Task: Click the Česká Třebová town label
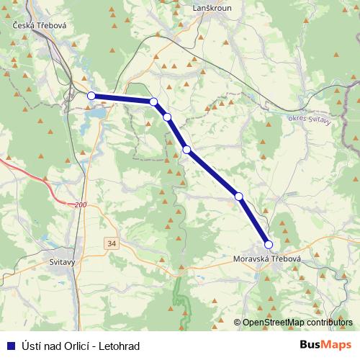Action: coord(40,25)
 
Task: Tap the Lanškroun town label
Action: coord(210,8)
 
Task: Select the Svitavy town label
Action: coord(58,262)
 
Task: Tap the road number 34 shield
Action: coord(111,243)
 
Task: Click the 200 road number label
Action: coord(80,205)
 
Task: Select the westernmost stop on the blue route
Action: coord(91,96)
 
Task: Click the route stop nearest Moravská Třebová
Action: coord(269,245)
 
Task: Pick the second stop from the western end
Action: coord(153,102)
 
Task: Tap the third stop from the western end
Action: coord(167,117)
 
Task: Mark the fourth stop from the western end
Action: coord(186,150)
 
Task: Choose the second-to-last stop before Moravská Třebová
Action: coord(238,196)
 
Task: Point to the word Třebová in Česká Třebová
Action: coord(51,25)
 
